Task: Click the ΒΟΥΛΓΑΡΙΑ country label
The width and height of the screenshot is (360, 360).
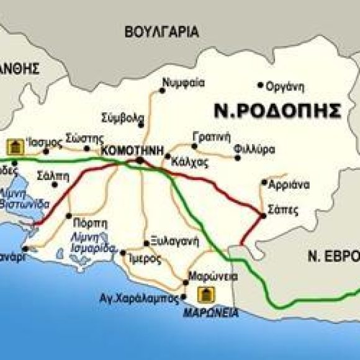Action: (x=161, y=32)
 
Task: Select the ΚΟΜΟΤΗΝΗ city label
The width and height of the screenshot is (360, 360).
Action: (x=135, y=151)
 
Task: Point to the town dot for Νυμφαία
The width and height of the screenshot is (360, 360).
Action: (x=162, y=91)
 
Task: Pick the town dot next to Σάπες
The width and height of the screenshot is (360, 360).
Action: (x=264, y=215)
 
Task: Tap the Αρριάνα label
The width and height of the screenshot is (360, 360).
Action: (x=289, y=184)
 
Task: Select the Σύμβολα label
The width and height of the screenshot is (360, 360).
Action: (x=122, y=116)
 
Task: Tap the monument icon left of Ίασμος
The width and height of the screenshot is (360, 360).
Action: (x=12, y=146)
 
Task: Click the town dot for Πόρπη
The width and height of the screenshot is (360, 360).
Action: (x=69, y=215)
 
